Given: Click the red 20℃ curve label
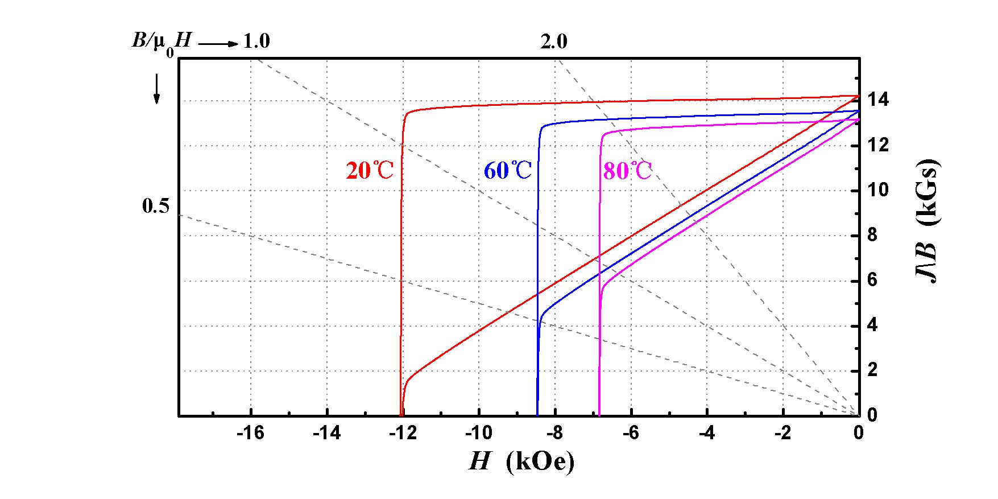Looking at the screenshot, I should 370,170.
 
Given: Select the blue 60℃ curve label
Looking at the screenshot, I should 507,170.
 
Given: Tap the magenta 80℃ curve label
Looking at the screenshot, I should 627,171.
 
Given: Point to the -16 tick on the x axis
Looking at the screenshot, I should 251,434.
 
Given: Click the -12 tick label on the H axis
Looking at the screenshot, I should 403,434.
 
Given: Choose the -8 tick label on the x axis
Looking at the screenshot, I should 554,434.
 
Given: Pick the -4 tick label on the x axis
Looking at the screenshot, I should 706,434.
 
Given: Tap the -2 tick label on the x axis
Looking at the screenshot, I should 782,434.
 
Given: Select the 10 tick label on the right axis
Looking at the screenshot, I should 877,190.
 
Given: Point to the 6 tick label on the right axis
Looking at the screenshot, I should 872,281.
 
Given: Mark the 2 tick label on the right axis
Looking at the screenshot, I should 872,370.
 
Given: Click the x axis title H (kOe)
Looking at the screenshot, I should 521,461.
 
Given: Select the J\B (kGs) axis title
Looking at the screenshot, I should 927,222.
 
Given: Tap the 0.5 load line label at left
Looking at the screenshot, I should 155,206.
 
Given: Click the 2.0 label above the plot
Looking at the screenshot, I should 553,42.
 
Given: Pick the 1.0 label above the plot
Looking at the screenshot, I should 256,42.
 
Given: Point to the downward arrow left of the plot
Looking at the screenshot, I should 157,90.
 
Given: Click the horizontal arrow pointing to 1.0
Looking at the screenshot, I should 218,43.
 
